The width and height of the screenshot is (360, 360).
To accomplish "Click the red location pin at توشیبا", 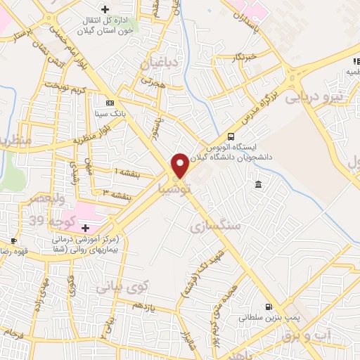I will coord(180,165).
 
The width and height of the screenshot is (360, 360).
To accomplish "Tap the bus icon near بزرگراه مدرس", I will coord(231,137).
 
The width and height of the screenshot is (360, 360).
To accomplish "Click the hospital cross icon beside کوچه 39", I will coord(85,228).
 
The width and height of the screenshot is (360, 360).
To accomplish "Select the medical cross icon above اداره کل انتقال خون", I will coord(105,9).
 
